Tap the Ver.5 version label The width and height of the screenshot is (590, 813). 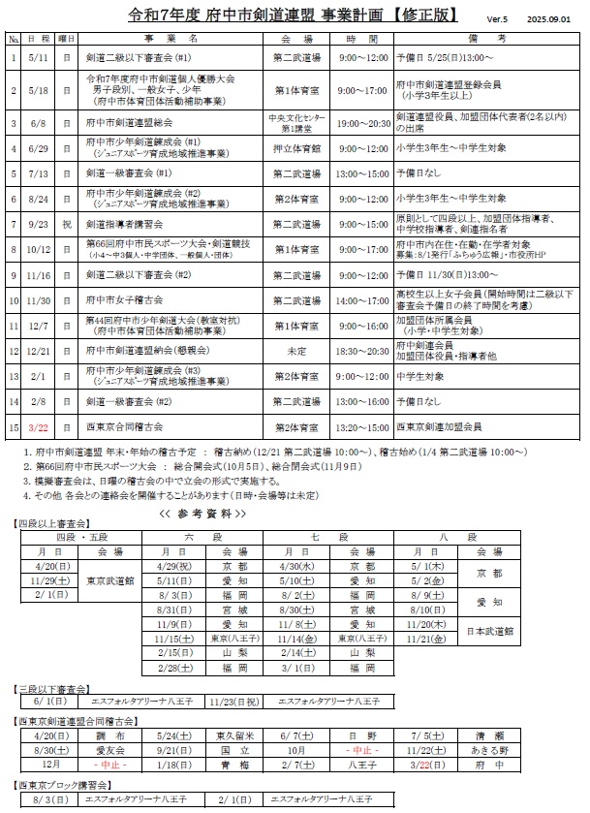click(x=498, y=19)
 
